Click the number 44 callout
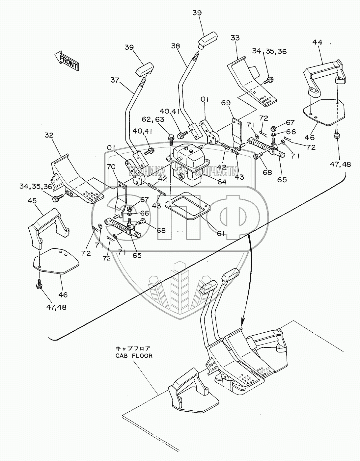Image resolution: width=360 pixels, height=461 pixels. [318, 42]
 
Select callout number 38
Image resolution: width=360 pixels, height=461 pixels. [176, 46]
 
